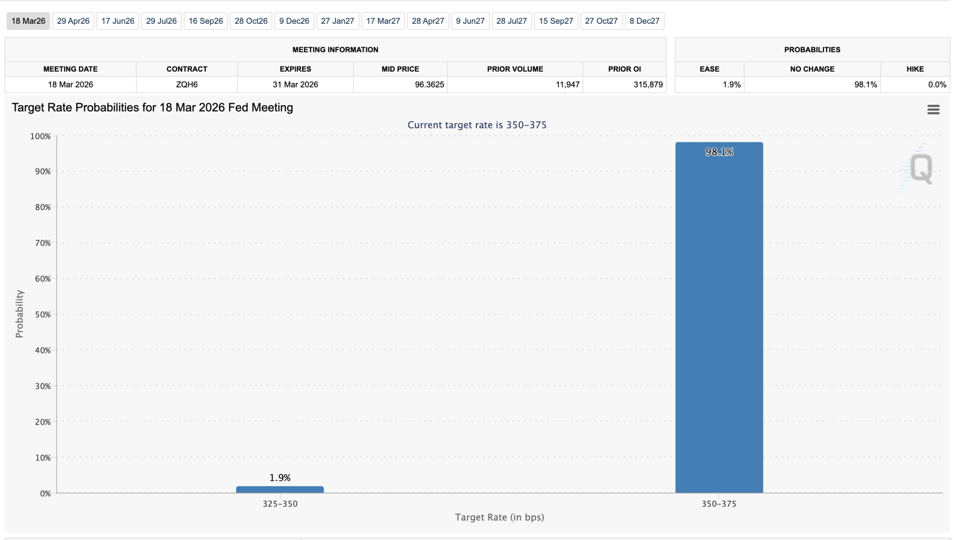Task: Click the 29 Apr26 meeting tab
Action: click(x=73, y=21)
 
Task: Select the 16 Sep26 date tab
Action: click(x=205, y=21)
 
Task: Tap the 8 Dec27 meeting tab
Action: click(x=644, y=21)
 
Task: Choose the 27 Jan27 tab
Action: click(x=337, y=21)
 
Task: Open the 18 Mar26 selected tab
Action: click(x=28, y=21)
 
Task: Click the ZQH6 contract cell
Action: click(x=187, y=84)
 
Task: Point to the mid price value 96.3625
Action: click(x=429, y=84)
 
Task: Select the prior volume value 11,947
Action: click(x=567, y=84)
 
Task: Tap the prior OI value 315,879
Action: click(x=647, y=84)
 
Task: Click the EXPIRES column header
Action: click(x=295, y=69)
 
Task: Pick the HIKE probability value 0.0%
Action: click(x=937, y=84)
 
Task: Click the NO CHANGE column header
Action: click(x=812, y=69)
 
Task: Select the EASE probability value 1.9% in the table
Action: click(x=731, y=84)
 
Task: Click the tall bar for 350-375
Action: click(x=719, y=317)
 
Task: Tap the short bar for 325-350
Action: click(x=279, y=489)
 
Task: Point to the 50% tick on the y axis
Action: click(x=43, y=314)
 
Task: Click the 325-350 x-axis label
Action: click(x=280, y=504)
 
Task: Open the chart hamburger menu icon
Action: click(x=933, y=109)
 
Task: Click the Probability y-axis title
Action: click(x=19, y=314)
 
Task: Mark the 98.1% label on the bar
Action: click(x=719, y=152)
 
